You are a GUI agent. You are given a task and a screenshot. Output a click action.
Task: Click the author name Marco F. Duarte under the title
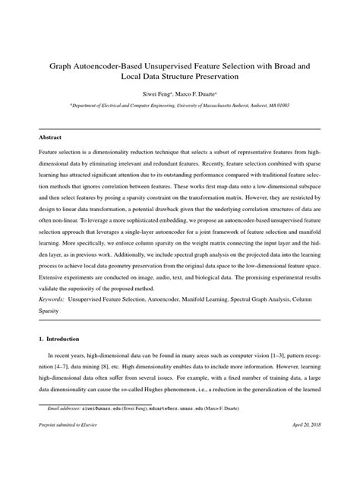tap(201, 96)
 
